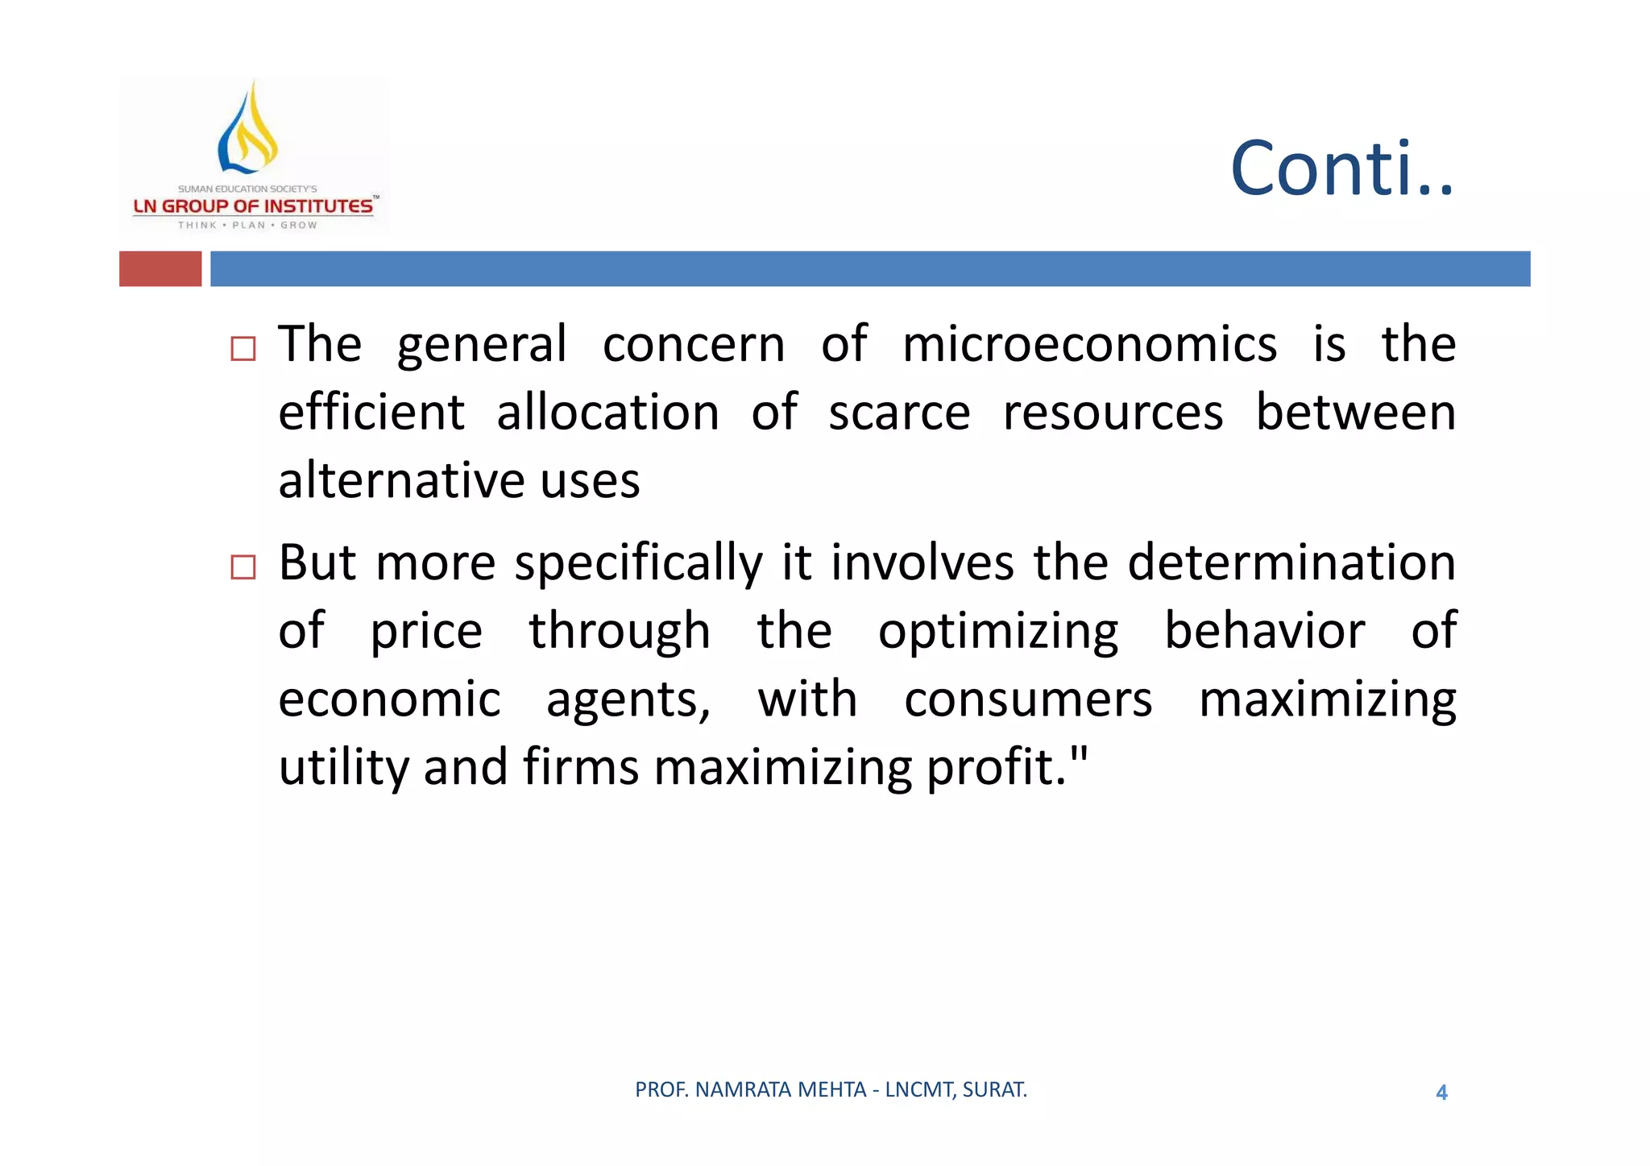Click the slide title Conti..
coord(1341,169)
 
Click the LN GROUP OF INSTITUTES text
coord(253,206)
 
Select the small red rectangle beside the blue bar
coord(160,268)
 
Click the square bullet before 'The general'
coord(243,349)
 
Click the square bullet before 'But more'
coord(243,567)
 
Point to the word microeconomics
coord(1088,345)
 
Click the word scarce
coord(899,413)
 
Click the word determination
coord(1291,562)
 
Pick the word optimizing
coord(997,632)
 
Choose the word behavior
coord(1264,630)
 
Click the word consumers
coord(1027,699)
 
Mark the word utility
coord(343,767)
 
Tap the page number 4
coord(1441,1093)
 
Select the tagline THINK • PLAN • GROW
coord(247,226)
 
